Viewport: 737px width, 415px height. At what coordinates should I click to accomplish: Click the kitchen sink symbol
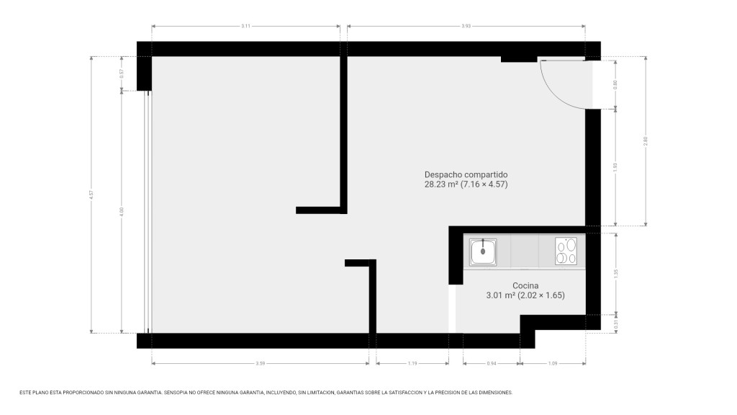pyautogui.click(x=483, y=251)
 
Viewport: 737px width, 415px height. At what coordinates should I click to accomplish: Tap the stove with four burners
pyautogui.click(x=566, y=251)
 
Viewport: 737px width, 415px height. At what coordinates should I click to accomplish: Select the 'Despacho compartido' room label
pyautogui.click(x=466, y=174)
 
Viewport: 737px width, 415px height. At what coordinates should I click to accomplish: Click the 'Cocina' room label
pyautogui.click(x=525, y=285)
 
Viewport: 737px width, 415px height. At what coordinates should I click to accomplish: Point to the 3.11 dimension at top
pyautogui.click(x=245, y=26)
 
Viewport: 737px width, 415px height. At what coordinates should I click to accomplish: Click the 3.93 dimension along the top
pyautogui.click(x=466, y=26)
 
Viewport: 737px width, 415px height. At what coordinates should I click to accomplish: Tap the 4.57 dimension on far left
pyautogui.click(x=91, y=195)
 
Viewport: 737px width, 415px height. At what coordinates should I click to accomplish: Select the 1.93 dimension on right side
pyautogui.click(x=616, y=166)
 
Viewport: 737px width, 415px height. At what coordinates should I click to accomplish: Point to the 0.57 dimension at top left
pyautogui.click(x=122, y=73)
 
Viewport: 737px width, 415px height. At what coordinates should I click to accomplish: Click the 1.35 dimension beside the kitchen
pyautogui.click(x=616, y=273)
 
